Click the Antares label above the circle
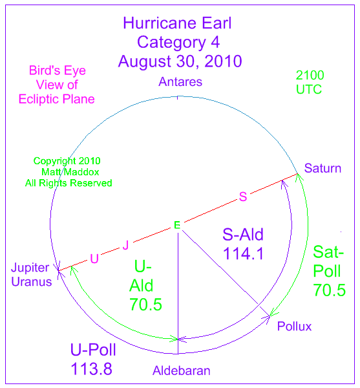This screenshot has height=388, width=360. [180, 81]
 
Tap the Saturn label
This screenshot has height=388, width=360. [323, 168]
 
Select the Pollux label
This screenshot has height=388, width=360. [294, 326]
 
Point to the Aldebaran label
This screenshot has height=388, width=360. [182, 371]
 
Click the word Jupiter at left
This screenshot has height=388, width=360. [30, 268]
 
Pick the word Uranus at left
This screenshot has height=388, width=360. [32, 282]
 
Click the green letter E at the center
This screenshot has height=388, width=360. [177, 225]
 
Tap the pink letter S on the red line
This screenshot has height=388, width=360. [243, 197]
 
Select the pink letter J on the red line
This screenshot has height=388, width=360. [126, 245]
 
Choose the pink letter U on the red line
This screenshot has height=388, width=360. [94, 259]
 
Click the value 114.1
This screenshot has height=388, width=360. [243, 253]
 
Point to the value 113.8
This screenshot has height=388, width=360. [92, 369]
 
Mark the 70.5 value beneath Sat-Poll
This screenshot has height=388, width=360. [330, 290]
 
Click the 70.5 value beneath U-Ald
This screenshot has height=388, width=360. [146, 305]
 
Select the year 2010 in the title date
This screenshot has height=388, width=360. [223, 61]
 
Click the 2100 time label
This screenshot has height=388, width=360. [310, 75]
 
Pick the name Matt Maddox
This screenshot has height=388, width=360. [70, 172]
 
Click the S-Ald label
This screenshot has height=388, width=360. [243, 235]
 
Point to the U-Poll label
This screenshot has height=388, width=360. [93, 350]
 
